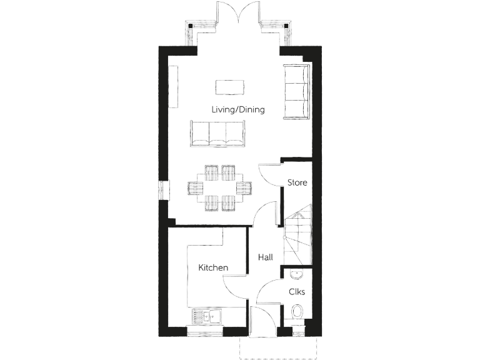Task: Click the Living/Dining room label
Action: pyautogui.click(x=237, y=109)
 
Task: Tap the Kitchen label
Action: pyautogui.click(x=213, y=267)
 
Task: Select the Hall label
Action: pyautogui.click(x=264, y=256)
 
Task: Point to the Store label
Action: pyautogui.click(x=297, y=182)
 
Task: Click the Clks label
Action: pyautogui.click(x=296, y=292)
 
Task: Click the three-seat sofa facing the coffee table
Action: pyautogui.click(x=217, y=134)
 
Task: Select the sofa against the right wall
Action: pyautogui.click(x=296, y=91)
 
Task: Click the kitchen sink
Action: pyautogui.click(x=209, y=316)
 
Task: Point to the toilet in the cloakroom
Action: pyautogui.click(x=298, y=312)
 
